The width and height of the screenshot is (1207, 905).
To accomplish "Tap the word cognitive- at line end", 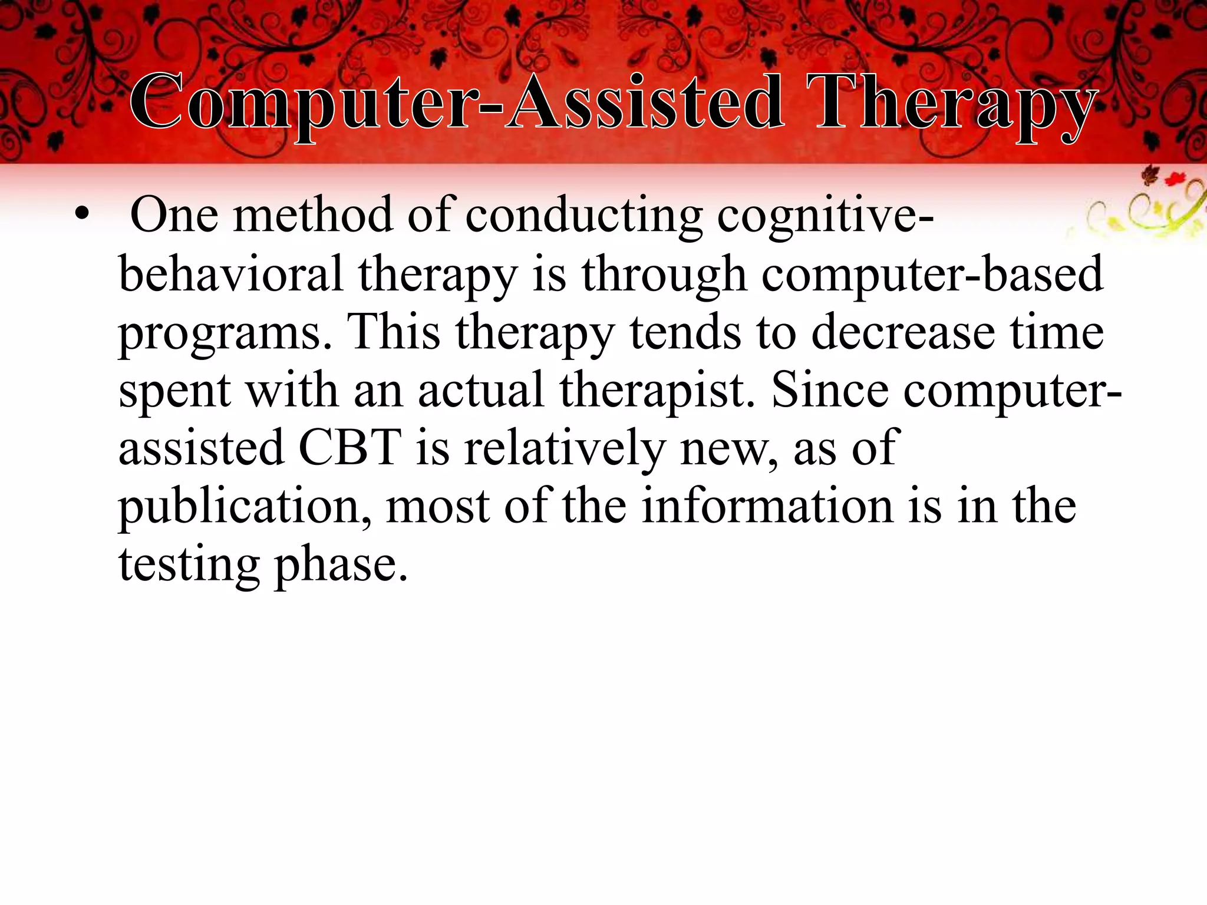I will click(825, 216).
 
